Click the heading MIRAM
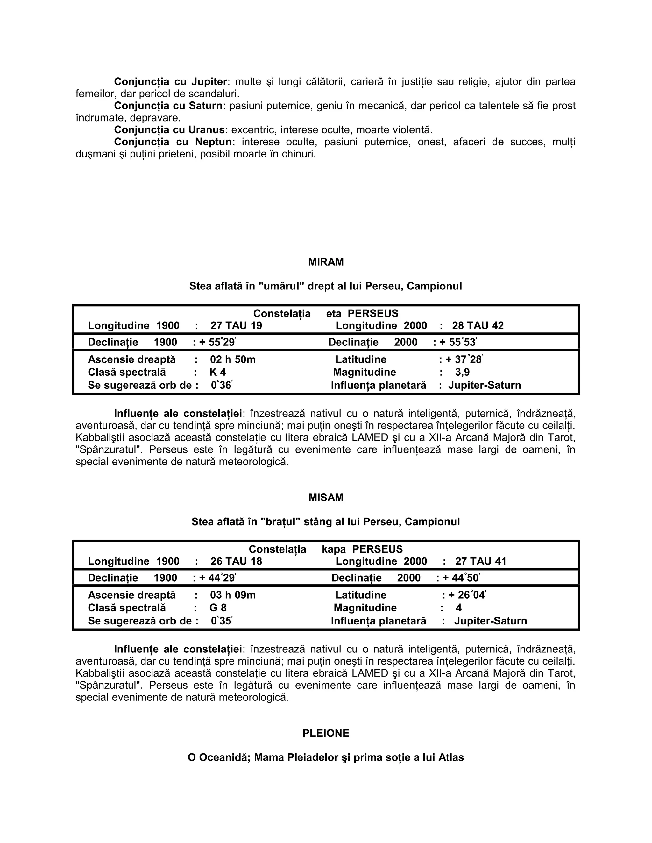tap(326, 262)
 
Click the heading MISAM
tap(326, 498)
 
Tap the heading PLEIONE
tap(326, 733)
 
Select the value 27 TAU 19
tap(236, 325)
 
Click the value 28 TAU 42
tap(478, 325)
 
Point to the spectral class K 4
tap(217, 372)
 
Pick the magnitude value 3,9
tap(462, 372)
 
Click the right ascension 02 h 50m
tap(232, 359)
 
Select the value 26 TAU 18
tap(236, 561)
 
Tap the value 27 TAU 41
tap(480, 561)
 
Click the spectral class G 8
tap(218, 608)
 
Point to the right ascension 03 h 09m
tap(232, 595)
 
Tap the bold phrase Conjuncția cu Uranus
tap(169, 130)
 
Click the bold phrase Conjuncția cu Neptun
tap(173, 142)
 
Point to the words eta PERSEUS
tap(362, 313)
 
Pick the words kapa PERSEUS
tap(362, 549)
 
